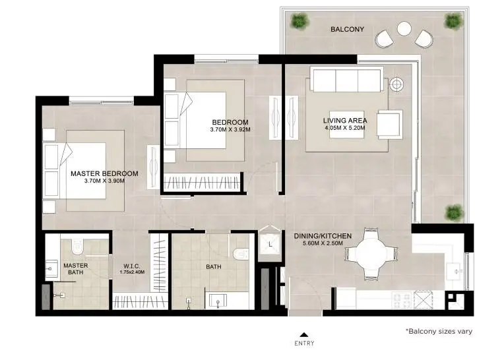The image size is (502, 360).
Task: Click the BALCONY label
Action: tap(348, 29)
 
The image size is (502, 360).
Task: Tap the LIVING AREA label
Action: tap(345, 121)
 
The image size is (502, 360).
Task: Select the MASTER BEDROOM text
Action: tap(104, 173)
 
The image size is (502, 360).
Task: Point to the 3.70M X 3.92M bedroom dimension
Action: tap(230, 130)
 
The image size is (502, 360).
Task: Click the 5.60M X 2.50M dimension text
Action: tap(323, 243)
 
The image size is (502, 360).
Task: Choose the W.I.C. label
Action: tap(132, 266)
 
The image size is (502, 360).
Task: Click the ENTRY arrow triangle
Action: tap(304, 335)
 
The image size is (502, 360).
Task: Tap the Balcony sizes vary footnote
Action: tap(439, 331)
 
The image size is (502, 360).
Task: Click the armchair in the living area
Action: tap(389, 125)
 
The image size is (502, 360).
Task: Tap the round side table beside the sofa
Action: tap(396, 84)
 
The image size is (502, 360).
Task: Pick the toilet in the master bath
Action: tap(77, 245)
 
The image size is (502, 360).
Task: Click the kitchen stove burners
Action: tap(402, 300)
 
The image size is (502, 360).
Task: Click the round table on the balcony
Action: tap(404, 28)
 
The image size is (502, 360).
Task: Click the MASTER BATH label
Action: tap(76, 269)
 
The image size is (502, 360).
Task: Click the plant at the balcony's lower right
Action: tap(455, 213)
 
